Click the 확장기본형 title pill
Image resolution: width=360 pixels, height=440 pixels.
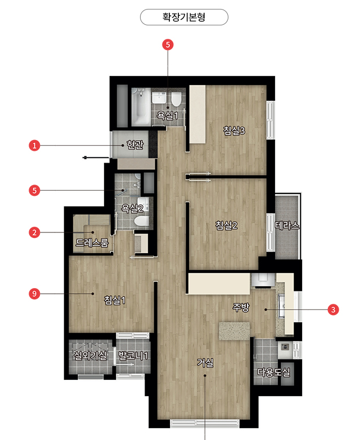coord(184,17)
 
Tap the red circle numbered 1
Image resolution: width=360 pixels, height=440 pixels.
coord(34,146)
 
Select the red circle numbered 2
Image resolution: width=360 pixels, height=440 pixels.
coord(34,232)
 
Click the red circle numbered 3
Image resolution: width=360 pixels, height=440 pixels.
coord(334,310)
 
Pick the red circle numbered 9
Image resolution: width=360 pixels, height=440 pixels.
coord(34,294)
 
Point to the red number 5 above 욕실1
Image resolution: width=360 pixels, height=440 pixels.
coord(168,44)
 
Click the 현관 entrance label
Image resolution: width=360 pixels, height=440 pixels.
coord(135,145)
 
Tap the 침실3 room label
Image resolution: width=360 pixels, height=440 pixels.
coord(235,131)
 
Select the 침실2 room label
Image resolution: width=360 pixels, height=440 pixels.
coord(227,225)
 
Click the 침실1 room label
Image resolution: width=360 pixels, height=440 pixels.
coord(115,300)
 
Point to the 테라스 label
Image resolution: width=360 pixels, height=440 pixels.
coord(287,226)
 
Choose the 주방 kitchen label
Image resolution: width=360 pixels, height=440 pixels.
coord(241,307)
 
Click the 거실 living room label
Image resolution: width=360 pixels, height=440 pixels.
coord(205,363)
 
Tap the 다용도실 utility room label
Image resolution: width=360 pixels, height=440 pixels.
coord(274,372)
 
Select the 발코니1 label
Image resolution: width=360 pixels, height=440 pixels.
coord(133,356)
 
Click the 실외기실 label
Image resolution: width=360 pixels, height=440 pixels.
coord(90,356)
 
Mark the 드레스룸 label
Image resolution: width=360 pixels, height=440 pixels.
coord(92,243)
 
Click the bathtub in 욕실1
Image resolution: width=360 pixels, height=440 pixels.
coord(141,107)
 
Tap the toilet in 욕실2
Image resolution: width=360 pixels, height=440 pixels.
coord(142,221)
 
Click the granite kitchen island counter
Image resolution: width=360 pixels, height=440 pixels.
coord(235,331)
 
